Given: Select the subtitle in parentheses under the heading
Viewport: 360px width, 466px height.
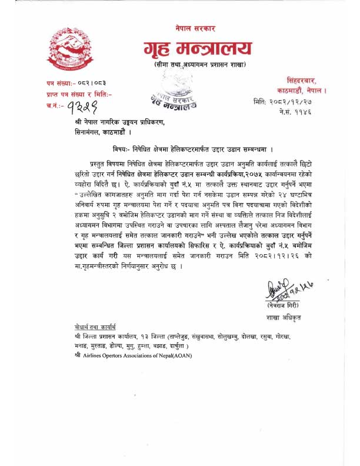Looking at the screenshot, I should point(199,64).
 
